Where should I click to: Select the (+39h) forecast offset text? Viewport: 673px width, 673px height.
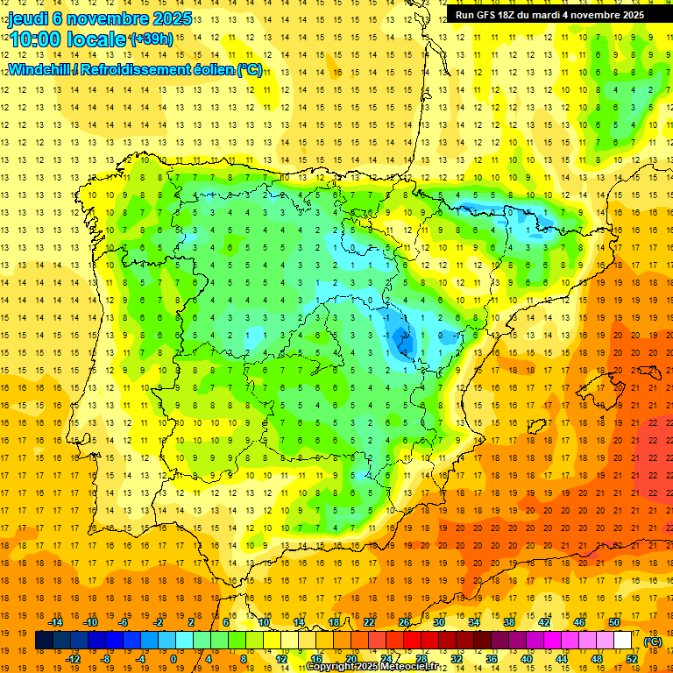[x=151, y=39]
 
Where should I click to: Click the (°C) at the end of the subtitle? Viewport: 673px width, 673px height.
[x=249, y=69]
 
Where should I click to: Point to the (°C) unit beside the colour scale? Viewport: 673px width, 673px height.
[x=652, y=641]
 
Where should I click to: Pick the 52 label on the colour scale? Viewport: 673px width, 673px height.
[x=632, y=659]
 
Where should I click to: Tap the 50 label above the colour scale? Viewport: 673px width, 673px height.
[x=614, y=621]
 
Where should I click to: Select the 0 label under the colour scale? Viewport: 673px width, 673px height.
[x=174, y=659]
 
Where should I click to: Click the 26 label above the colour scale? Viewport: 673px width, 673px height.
[x=404, y=621]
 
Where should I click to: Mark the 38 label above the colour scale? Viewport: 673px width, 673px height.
[x=509, y=621]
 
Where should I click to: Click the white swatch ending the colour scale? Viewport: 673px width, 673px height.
[x=623, y=641]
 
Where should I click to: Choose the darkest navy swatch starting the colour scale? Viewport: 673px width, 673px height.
[x=44, y=641]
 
